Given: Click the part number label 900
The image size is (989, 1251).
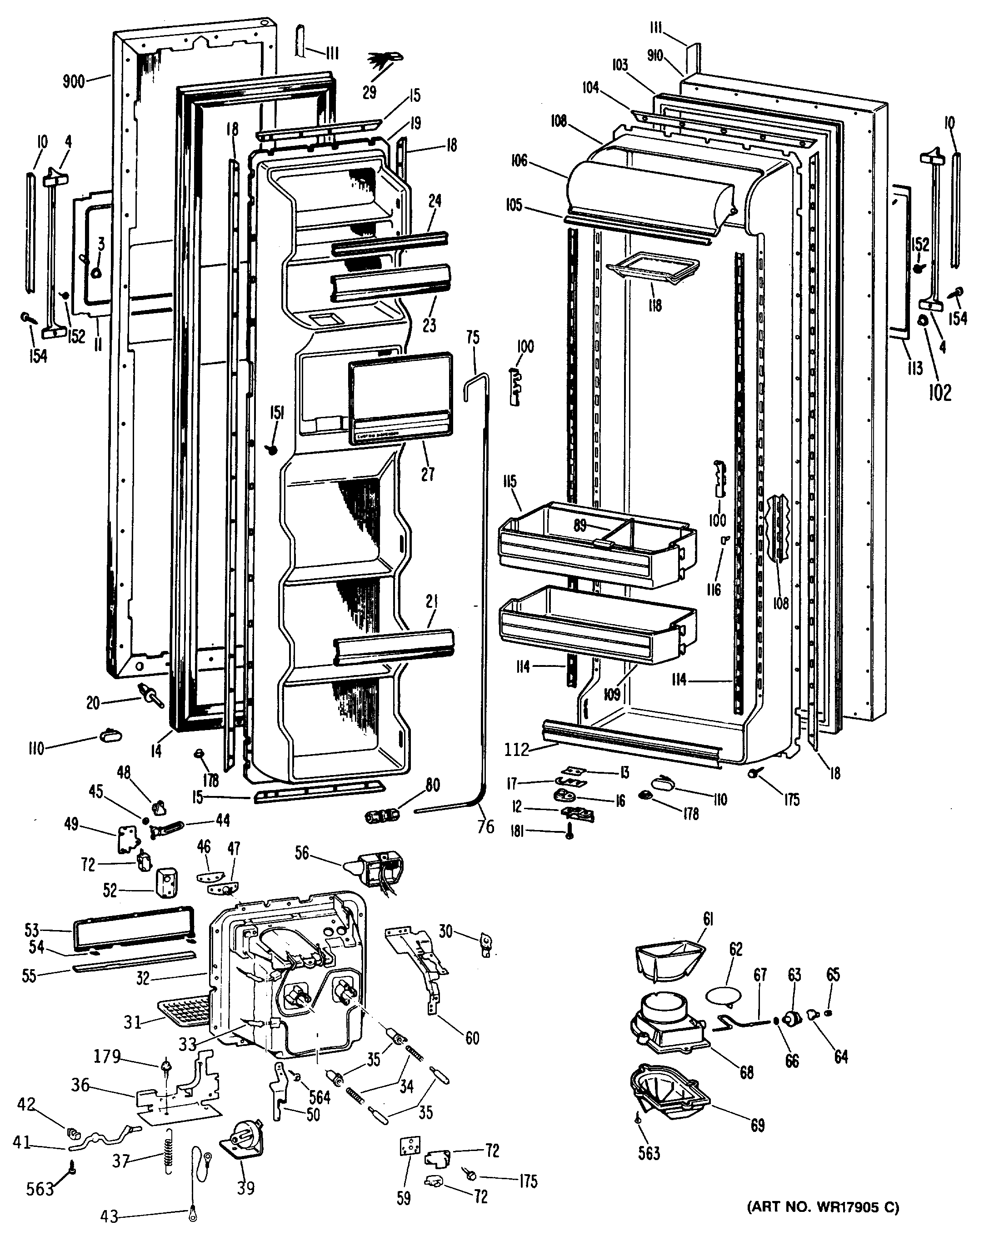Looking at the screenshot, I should (x=74, y=80).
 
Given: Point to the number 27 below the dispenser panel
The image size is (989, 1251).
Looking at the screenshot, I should (x=427, y=474).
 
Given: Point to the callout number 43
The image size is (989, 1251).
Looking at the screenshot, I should (x=109, y=1217).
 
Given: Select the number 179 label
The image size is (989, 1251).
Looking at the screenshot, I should (x=108, y=1057).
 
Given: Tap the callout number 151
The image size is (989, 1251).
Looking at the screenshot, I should (x=277, y=412).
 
